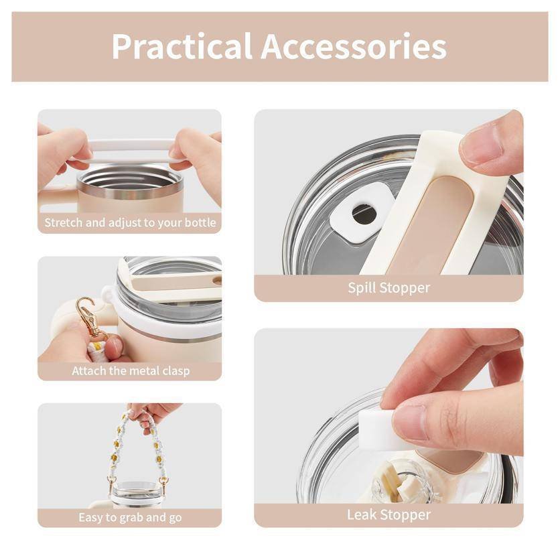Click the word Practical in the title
[182, 46]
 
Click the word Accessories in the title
[354, 46]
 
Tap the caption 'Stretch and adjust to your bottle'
[130, 222]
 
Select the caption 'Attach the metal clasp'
[131, 370]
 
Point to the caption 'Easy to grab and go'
[130, 517]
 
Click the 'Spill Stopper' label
[389, 287]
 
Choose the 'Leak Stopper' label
[389, 514]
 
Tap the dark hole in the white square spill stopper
[364, 214]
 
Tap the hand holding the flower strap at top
[150, 414]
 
